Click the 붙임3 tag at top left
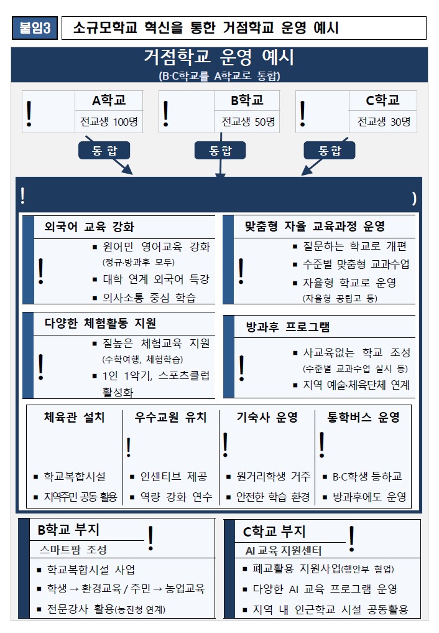[x=35, y=28]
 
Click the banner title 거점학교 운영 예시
[x=219, y=57]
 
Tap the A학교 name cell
[x=109, y=100]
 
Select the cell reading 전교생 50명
[x=247, y=121]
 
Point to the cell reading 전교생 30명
[x=384, y=121]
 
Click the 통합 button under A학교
[x=104, y=151]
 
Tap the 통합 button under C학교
[x=330, y=151]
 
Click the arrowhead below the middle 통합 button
[x=220, y=175]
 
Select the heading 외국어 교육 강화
[x=89, y=227]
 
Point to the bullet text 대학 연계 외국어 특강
[x=156, y=279]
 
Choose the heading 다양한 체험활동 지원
[x=100, y=324]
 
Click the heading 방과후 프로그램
[x=288, y=327]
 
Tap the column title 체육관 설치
[x=74, y=417]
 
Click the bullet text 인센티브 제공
[x=173, y=476]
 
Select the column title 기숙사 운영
[x=267, y=417]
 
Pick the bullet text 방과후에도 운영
[x=369, y=497]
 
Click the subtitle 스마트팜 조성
[x=73, y=550]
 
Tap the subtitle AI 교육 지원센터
[x=284, y=551]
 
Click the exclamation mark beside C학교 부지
[x=351, y=539]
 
